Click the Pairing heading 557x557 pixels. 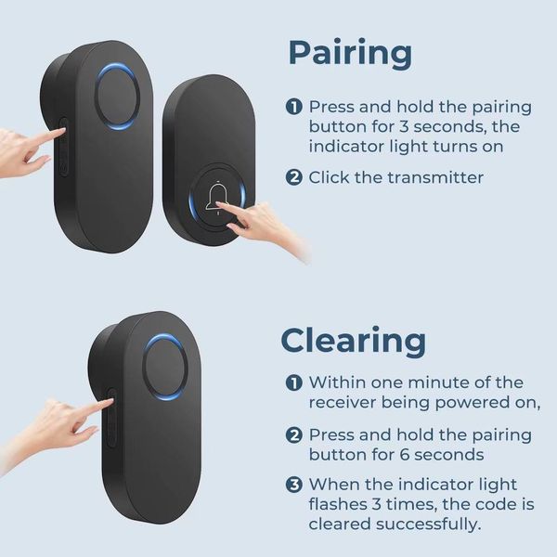tap(350, 55)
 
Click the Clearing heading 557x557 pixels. tap(353, 341)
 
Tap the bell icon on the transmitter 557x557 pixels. tap(216, 198)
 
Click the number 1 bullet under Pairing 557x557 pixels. tap(293, 107)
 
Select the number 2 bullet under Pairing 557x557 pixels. tap(293, 177)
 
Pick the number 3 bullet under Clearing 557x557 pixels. tap(293, 485)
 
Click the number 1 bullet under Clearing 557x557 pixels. tap(293, 382)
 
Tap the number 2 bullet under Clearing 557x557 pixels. tap(293, 435)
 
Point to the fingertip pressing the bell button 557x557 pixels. tap(218, 204)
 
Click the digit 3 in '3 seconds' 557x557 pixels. tap(404, 127)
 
